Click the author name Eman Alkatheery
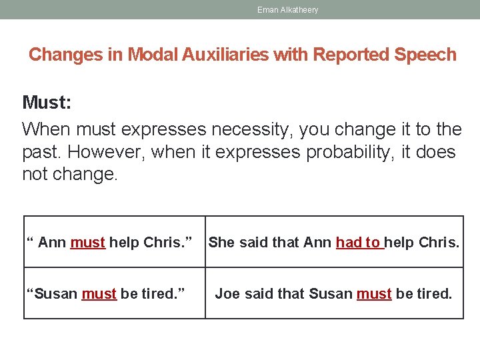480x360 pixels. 287,10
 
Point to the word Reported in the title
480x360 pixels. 352,55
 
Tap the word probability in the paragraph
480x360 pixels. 357,152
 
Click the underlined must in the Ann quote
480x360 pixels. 87,243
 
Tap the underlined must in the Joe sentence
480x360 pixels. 374,293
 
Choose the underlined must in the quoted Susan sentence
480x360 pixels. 99,293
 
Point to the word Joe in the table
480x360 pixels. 227,293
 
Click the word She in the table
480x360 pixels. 221,243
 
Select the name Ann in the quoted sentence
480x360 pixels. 52,243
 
